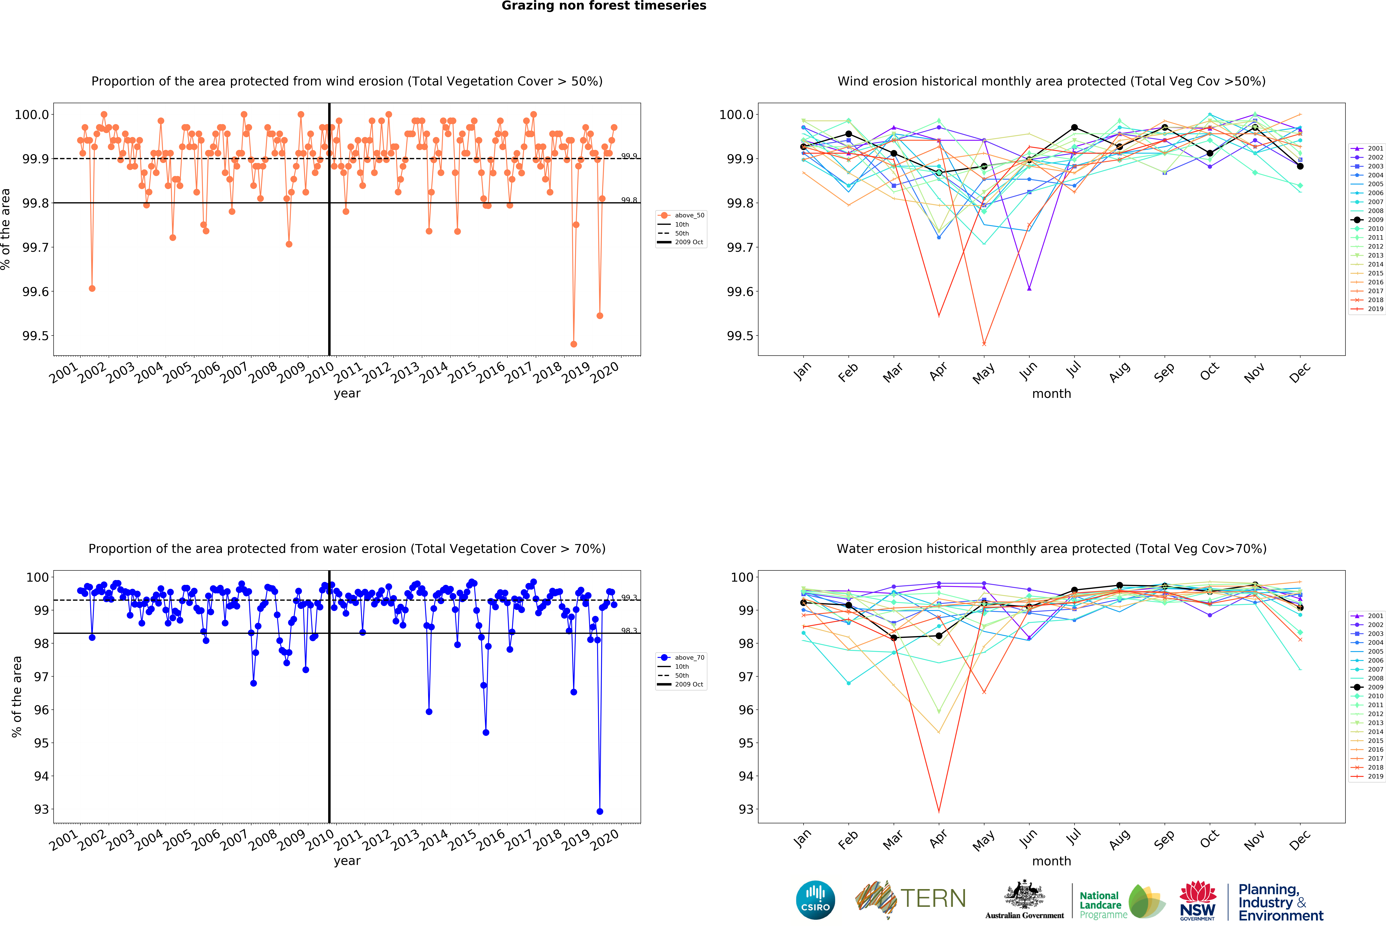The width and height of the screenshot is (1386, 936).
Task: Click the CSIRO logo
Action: [815, 900]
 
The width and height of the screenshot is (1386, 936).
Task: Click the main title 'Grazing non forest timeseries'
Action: [603, 6]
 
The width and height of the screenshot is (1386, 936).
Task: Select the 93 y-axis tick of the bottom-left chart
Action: [41, 810]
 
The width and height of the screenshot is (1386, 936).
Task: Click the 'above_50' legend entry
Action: [689, 215]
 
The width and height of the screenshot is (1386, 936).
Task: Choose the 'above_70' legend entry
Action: [689, 658]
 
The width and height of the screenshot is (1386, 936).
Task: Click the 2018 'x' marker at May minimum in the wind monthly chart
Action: [984, 344]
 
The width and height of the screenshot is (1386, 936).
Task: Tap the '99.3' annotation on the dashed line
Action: [629, 597]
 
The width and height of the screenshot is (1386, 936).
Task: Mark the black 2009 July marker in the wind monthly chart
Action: [1074, 128]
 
